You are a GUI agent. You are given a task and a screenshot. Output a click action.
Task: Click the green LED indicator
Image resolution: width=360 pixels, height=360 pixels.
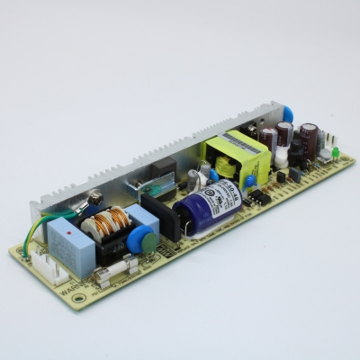tap(334, 154)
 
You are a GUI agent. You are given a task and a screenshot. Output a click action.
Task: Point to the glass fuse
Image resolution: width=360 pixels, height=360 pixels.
tap(118, 269)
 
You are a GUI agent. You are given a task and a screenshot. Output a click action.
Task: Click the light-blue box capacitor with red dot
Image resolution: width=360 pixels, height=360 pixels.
tap(66, 236)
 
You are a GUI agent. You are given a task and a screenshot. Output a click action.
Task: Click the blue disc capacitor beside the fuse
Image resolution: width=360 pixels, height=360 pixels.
tap(139, 241)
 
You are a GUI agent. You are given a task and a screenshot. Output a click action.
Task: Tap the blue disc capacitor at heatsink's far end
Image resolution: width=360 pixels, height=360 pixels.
tap(288, 113)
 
